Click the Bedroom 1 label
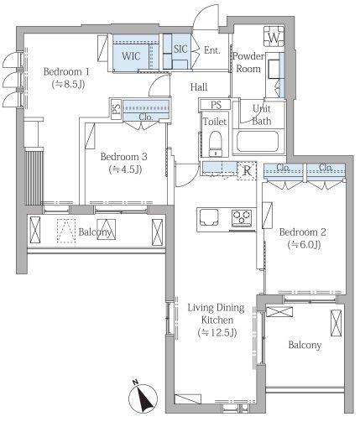[x=66, y=72]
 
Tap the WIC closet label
[x=131, y=56]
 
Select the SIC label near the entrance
[x=180, y=49]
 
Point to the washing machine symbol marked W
[x=274, y=36]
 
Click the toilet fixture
[x=215, y=143]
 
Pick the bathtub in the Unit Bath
[x=258, y=141]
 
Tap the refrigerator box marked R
[x=247, y=170]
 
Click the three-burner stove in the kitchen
[x=242, y=217]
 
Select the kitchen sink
[x=209, y=217]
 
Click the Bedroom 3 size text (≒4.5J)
[x=125, y=169]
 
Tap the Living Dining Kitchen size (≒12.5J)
[x=217, y=332]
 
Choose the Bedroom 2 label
[x=303, y=232]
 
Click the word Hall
[x=199, y=87]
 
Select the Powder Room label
[x=248, y=62]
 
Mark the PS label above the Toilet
[x=216, y=105]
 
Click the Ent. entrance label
[x=212, y=50]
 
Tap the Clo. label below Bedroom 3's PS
[x=146, y=117]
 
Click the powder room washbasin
[x=274, y=69]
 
